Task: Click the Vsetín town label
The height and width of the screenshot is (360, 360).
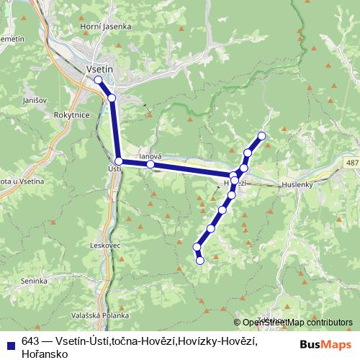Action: coord(99,69)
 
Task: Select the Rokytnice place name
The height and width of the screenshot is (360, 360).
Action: coord(71,114)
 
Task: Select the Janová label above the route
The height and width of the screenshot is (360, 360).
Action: coord(150,156)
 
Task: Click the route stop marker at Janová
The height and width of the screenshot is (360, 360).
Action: coord(150,165)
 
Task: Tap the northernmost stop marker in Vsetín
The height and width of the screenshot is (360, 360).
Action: coord(98,81)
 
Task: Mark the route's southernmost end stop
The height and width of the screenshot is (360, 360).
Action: coord(200,260)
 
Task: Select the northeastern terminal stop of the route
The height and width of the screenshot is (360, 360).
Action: coord(261,136)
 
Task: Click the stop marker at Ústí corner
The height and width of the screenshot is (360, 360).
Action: coord(119,162)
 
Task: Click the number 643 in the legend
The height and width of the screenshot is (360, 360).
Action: coord(30,342)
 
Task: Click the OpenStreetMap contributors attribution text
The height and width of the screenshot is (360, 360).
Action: coord(297,323)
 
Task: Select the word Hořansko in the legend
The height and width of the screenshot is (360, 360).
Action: coord(45,354)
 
